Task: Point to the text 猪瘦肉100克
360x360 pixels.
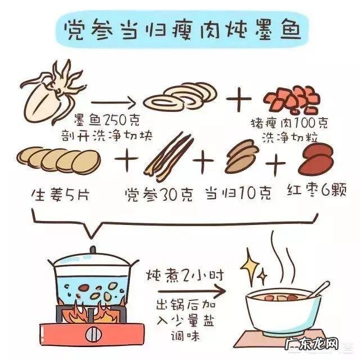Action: [x=289, y=123]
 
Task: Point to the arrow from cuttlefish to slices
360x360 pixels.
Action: [x=112, y=103]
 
